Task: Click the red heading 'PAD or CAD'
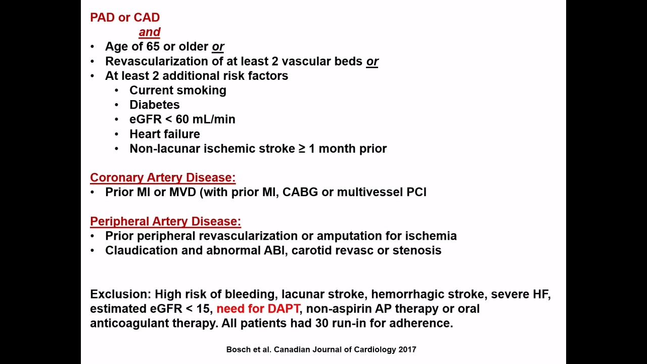(x=125, y=17)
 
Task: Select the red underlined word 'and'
(x=149, y=32)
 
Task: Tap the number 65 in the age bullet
(x=153, y=47)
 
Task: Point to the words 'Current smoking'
(x=177, y=90)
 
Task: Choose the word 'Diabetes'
(x=155, y=105)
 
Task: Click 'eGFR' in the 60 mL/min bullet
(x=146, y=119)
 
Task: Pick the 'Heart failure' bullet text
(x=165, y=134)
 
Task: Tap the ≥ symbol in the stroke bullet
(x=302, y=149)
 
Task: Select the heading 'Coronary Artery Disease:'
(x=163, y=177)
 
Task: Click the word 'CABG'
(x=300, y=192)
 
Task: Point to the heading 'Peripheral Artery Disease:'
(x=165, y=221)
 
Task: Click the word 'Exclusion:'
(x=121, y=294)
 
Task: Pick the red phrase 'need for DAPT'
(x=258, y=308)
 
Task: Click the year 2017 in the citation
(x=407, y=349)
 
